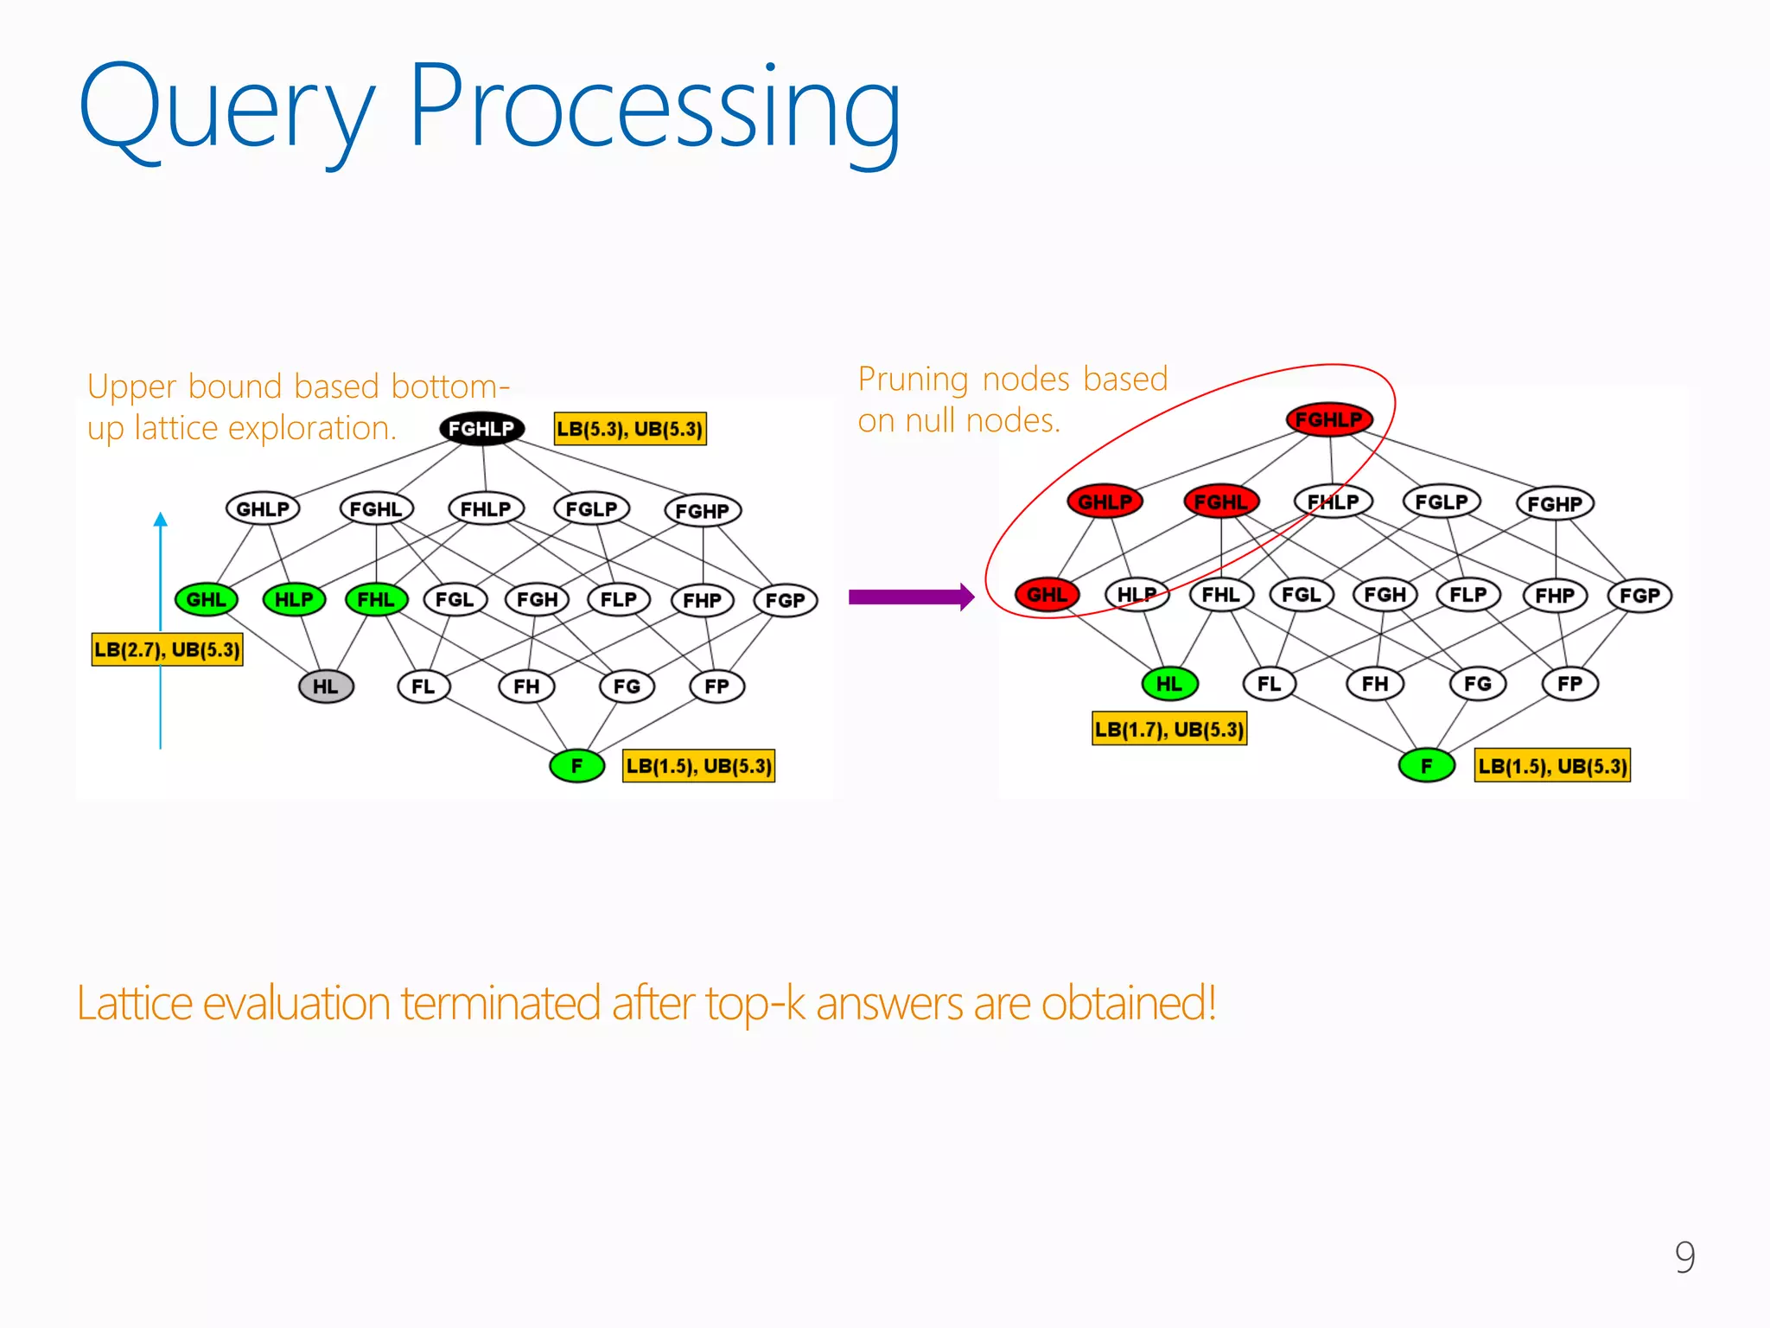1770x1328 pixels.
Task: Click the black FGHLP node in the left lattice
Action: (x=481, y=429)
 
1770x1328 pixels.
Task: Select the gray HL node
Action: (x=326, y=686)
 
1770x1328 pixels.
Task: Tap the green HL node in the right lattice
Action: (x=1169, y=684)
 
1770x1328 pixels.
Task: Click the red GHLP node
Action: (x=1105, y=501)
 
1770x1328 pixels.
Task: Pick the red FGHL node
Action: (x=1220, y=501)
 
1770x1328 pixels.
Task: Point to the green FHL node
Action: (x=376, y=599)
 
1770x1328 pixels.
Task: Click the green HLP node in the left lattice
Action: (x=294, y=599)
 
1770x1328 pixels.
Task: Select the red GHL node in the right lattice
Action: (x=1047, y=595)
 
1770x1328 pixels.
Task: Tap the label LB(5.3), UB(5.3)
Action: (x=630, y=429)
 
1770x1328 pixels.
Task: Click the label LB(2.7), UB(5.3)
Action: (x=167, y=649)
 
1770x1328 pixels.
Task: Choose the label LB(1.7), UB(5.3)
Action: (x=1169, y=729)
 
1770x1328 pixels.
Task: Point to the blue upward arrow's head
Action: (x=160, y=519)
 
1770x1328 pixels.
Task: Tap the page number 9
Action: (x=1684, y=1256)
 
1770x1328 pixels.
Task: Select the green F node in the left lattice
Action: (x=576, y=766)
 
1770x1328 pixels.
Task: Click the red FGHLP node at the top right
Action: (x=1328, y=420)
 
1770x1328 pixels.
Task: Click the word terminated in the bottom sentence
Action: (x=500, y=1003)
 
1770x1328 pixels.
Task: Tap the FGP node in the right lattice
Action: (x=1639, y=596)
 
